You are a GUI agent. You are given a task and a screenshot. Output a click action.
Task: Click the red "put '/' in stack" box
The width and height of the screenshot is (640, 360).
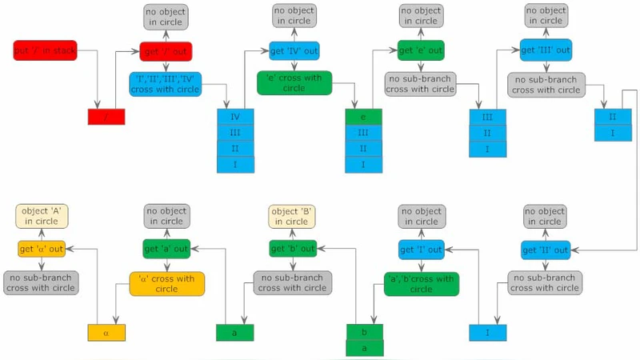[x=45, y=50]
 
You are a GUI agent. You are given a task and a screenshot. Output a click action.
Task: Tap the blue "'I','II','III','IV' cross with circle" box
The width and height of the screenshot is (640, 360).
[x=166, y=84]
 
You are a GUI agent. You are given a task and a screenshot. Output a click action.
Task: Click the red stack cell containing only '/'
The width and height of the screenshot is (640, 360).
[x=106, y=117]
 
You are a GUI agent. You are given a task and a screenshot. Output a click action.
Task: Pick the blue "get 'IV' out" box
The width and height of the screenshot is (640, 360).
[x=294, y=50]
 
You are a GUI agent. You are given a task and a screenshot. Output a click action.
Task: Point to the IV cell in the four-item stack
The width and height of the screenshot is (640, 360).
[x=235, y=117]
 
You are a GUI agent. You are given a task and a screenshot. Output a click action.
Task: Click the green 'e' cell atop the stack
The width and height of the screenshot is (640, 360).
[x=364, y=117]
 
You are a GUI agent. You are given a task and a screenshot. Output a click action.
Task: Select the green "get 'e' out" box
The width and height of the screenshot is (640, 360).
[x=421, y=50]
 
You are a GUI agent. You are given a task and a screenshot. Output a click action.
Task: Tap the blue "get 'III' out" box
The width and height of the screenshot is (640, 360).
[x=546, y=50]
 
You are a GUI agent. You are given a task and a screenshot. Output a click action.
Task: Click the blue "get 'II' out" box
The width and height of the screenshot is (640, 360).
[x=546, y=250]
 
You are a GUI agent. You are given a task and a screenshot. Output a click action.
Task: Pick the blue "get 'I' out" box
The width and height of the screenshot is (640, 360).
[x=421, y=250]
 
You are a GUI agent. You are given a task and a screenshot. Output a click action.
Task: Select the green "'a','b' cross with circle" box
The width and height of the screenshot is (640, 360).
[x=421, y=283]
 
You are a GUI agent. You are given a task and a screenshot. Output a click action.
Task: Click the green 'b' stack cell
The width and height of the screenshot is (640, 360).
[x=364, y=331]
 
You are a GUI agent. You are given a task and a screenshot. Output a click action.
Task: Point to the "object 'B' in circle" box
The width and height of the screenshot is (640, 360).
[x=293, y=216]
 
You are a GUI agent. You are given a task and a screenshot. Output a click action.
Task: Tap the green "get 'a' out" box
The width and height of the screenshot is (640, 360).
[x=166, y=250]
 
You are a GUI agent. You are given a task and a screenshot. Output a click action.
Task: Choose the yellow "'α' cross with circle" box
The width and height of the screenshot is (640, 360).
[x=166, y=283]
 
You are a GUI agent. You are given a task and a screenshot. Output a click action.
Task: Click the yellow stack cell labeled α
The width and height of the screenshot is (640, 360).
[x=106, y=331]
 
